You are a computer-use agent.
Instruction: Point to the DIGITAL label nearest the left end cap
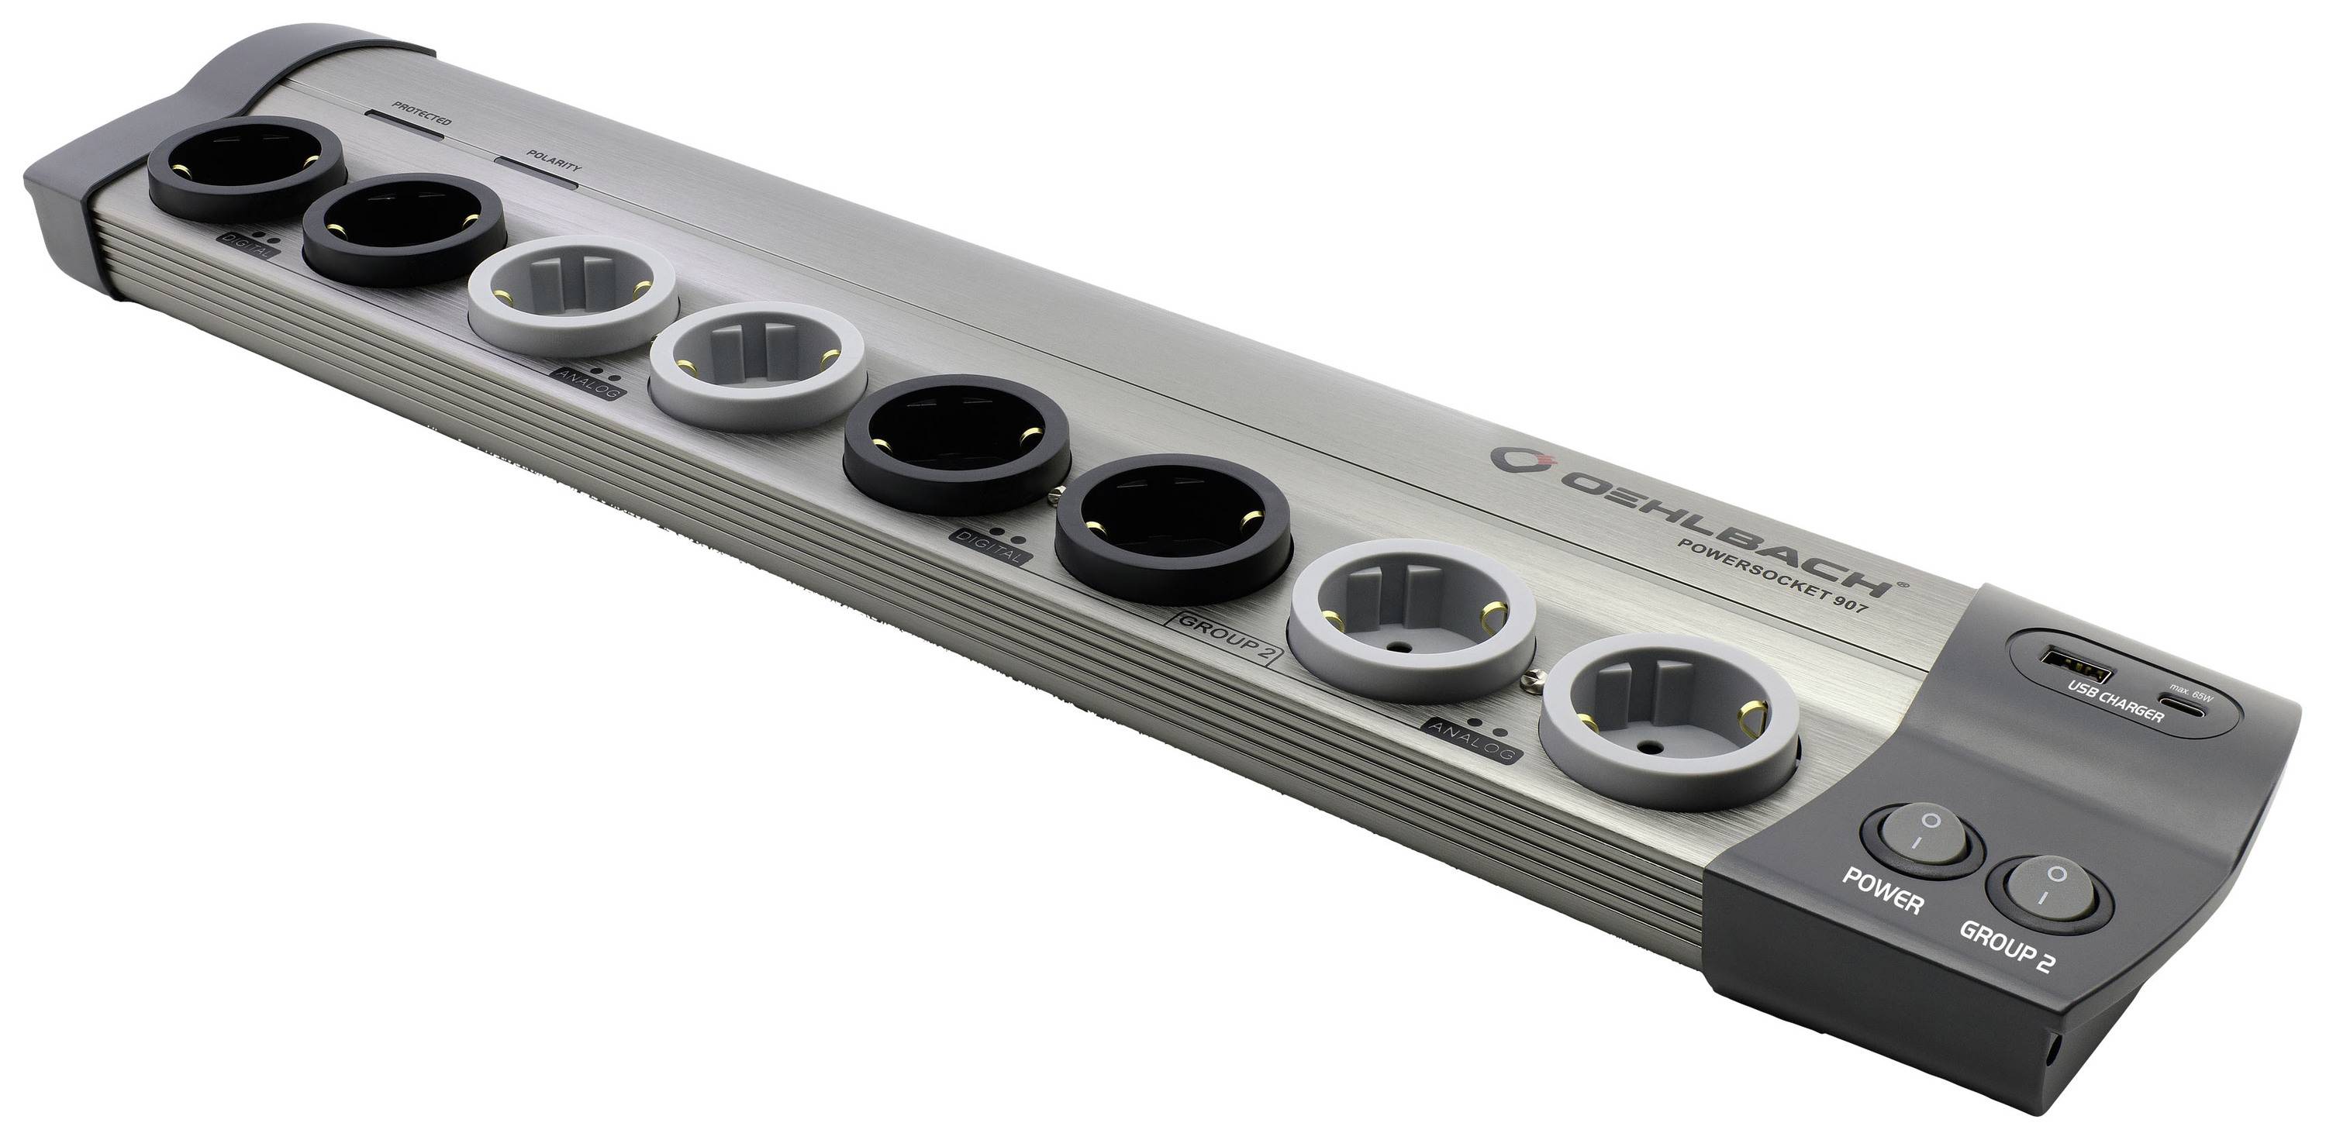tap(241, 243)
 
